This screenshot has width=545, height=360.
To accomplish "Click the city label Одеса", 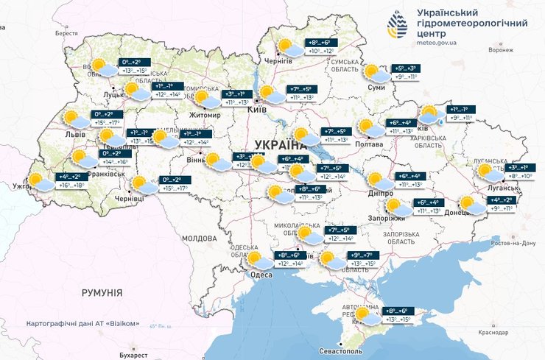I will point(261,274).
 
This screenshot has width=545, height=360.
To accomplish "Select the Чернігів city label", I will point(278,63).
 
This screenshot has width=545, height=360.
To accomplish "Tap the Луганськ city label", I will point(498,188).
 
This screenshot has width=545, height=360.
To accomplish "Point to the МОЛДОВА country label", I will point(199,239).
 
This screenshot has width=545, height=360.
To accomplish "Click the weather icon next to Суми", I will point(376,74).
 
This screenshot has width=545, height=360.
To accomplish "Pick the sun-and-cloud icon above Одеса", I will point(258,259).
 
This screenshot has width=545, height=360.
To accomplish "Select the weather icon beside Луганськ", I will point(488,173).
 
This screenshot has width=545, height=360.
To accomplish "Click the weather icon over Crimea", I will point(366,317).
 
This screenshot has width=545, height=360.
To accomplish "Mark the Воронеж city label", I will point(500,50).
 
